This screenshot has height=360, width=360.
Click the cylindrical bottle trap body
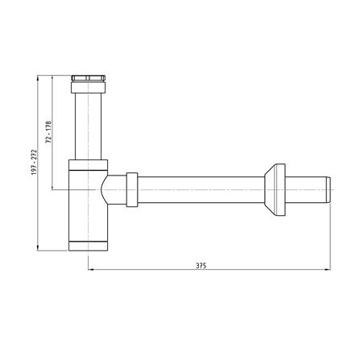pyautogui.click(x=85, y=205)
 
